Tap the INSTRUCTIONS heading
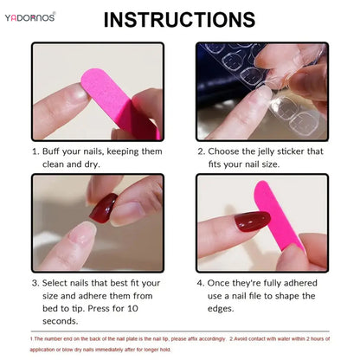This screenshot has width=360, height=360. coord(179,19)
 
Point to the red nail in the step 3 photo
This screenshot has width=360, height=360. coord(104,207)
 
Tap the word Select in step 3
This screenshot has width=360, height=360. coord(58,282)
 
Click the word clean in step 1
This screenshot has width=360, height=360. coord(56,164)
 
